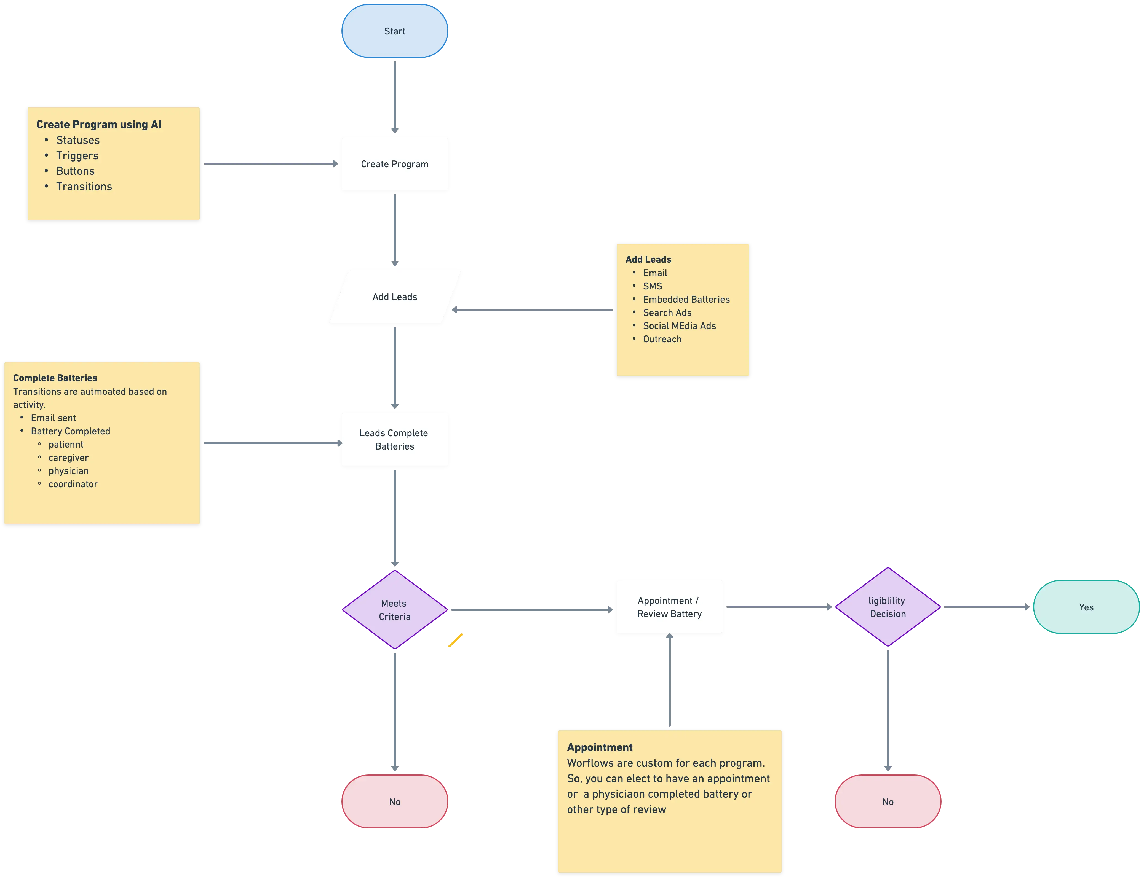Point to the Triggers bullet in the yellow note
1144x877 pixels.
tap(77, 155)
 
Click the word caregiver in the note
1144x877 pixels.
tap(68, 458)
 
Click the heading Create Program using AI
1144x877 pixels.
tap(99, 124)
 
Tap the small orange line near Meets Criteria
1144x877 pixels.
tap(456, 640)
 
